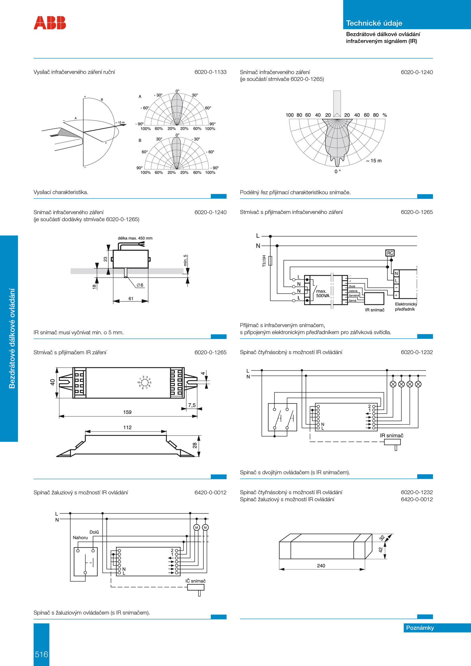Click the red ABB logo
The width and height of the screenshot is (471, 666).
(50, 23)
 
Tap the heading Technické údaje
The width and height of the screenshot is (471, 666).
(374, 23)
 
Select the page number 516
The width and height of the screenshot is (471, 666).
(41, 654)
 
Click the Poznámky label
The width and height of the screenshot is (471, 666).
(420, 628)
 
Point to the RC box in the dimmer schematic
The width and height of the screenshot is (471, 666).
(390, 253)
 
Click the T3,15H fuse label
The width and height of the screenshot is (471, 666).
(264, 261)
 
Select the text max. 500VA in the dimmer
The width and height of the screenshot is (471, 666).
(322, 293)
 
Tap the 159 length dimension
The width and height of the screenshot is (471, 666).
(127, 412)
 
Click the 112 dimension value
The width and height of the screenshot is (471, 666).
(127, 427)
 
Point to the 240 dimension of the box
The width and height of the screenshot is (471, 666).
(321, 566)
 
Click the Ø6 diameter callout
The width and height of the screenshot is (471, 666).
(140, 285)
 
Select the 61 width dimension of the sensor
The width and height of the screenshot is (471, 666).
(131, 298)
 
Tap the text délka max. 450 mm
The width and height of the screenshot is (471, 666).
(135, 238)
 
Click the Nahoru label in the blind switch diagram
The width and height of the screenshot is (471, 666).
(80, 538)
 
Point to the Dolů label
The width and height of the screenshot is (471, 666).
(94, 532)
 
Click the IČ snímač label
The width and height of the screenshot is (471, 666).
(195, 581)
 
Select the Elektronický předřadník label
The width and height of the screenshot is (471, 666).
(406, 307)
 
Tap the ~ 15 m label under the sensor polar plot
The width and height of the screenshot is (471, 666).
(374, 161)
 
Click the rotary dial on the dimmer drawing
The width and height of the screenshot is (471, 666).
(144, 382)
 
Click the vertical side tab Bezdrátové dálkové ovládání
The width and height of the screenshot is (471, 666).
(12, 338)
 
